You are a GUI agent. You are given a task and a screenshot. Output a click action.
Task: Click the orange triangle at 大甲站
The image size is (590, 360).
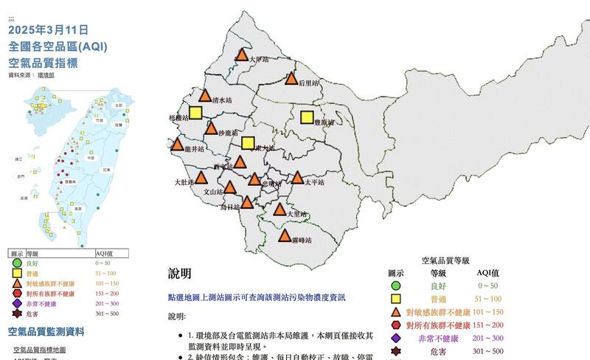[242, 55]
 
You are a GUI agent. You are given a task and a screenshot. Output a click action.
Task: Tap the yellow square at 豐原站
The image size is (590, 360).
[307, 117]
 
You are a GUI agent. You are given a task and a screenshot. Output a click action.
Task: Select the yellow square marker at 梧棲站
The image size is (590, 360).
[195, 113]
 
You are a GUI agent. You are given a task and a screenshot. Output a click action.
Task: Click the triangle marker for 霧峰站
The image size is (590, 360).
[285, 237]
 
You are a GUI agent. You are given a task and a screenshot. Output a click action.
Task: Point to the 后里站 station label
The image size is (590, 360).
[308, 83]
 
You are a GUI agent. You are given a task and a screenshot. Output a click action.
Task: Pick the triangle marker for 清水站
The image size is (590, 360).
[206, 96]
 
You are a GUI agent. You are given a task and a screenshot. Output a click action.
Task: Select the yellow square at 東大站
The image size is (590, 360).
[248, 143]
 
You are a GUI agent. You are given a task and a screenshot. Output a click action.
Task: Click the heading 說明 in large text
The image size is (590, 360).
[180, 274]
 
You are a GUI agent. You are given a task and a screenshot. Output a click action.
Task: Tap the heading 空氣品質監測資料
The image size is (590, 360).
[56, 331]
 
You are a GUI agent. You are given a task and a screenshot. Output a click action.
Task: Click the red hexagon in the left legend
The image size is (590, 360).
[17, 293]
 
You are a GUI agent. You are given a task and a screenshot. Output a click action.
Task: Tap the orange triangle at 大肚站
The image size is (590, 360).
[201, 178]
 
